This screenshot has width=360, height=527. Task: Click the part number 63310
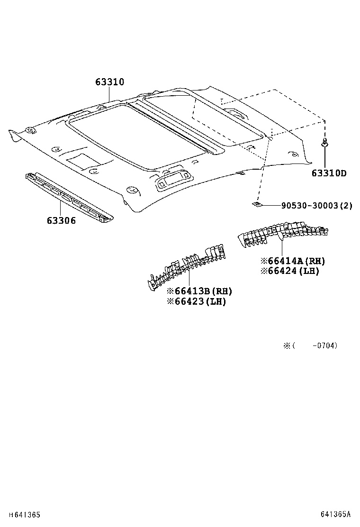point(109,82)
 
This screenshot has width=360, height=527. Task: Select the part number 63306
point(61,220)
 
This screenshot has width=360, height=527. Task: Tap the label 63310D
point(329,173)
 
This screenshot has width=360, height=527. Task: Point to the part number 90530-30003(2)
point(316,206)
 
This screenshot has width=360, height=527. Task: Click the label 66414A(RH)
point(293,261)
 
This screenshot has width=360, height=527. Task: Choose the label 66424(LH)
point(289,271)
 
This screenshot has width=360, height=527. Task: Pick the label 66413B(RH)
point(199,291)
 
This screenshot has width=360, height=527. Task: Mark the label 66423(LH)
point(196,301)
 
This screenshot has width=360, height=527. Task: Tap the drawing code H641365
point(22,514)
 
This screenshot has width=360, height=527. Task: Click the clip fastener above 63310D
point(324,143)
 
